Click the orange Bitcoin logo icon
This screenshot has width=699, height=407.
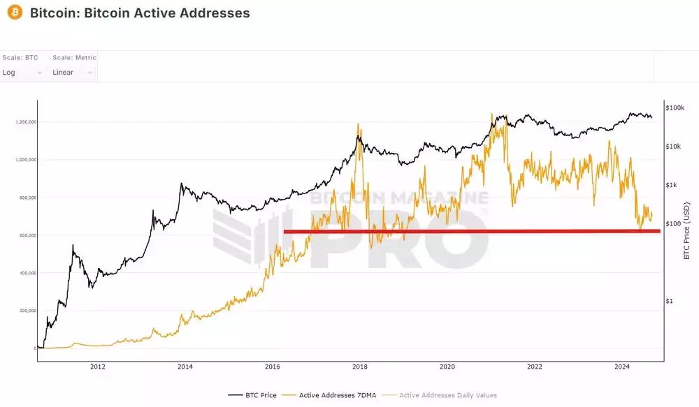pyautogui.click(x=13, y=13)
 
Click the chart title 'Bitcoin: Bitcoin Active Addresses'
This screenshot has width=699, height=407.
pyautogui.click(x=140, y=13)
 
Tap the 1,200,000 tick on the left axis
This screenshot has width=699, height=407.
pyautogui.click(x=25, y=122)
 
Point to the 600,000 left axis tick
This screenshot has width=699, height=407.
pyautogui.click(x=27, y=235)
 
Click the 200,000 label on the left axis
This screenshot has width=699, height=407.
pyautogui.click(x=27, y=311)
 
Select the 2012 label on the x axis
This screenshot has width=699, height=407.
pyautogui.click(x=98, y=367)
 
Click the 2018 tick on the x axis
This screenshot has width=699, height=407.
pyautogui.click(x=360, y=367)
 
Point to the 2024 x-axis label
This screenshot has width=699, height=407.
pyautogui.click(x=621, y=367)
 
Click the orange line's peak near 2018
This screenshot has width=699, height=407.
pyautogui.click(x=359, y=124)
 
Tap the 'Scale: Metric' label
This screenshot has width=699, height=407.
pyautogui.click(x=74, y=57)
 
